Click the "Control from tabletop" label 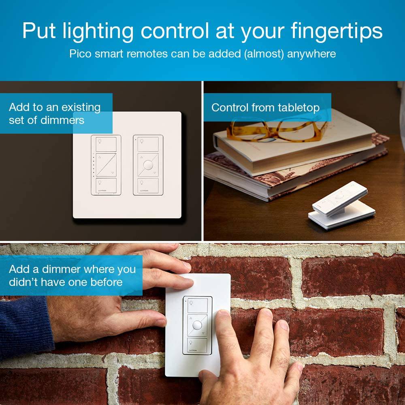point(265,107)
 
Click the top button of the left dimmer point(106,144)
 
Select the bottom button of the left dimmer point(106,185)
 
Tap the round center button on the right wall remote point(148,164)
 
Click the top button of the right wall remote point(148,144)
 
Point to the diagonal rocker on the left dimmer point(106,164)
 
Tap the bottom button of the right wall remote point(148,185)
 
